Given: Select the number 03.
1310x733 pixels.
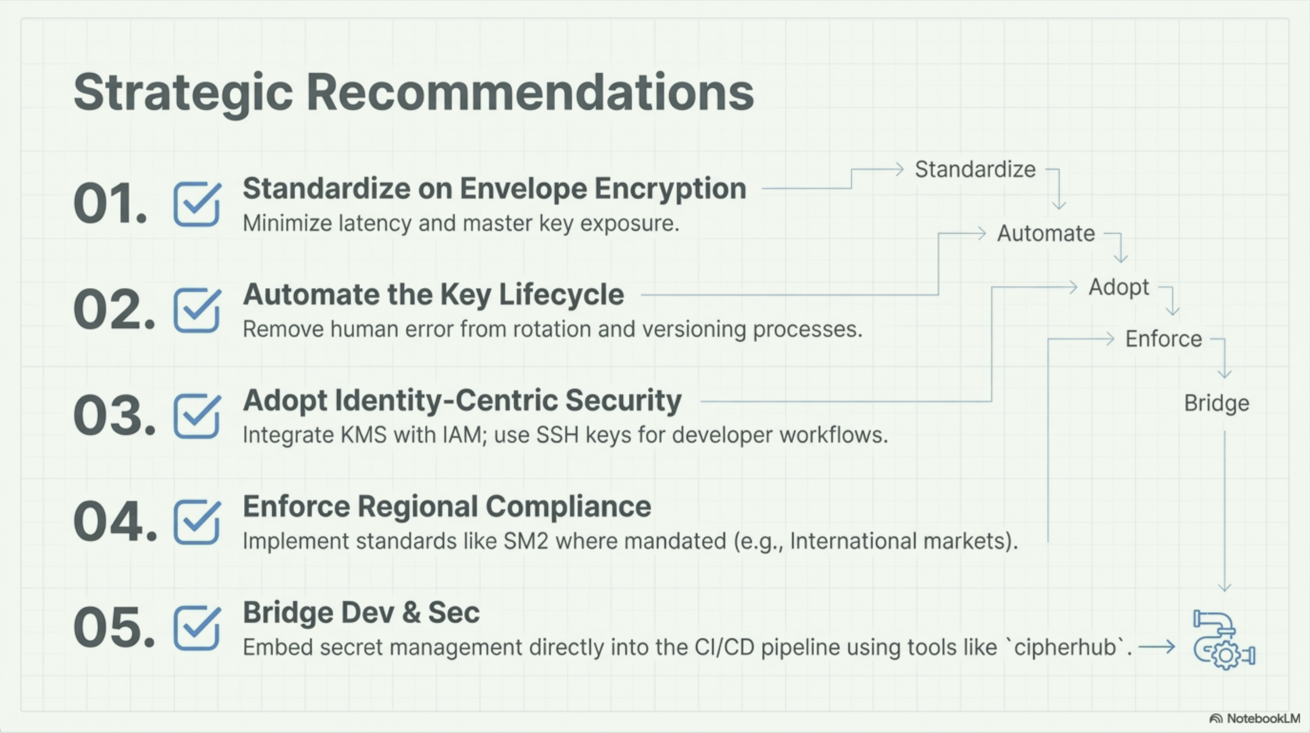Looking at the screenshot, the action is point(114,416).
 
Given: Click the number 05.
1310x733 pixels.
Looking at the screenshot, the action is point(114,628).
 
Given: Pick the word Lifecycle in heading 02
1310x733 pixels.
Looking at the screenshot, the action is point(561,295).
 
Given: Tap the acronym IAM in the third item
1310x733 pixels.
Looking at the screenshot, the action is point(462,435).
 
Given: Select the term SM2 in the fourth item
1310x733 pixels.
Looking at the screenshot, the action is point(526,541).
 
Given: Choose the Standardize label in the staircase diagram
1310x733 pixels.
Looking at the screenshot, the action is point(975,169).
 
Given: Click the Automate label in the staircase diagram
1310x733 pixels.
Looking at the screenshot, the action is point(1046,234).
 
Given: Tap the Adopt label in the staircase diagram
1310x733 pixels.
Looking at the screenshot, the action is point(1119,288).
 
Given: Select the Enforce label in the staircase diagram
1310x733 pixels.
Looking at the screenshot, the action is point(1163,339).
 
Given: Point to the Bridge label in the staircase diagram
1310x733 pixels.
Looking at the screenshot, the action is point(1216,404).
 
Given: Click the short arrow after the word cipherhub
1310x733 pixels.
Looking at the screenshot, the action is point(1156,647).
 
